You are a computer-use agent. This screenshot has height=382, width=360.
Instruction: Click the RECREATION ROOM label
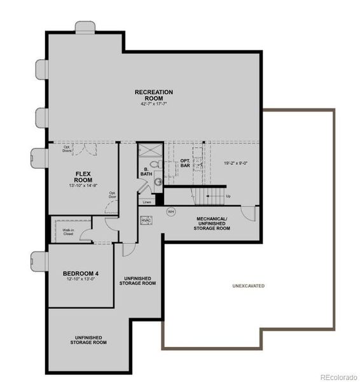(x=153, y=95)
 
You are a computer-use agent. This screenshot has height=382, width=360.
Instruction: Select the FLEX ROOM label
(x=85, y=176)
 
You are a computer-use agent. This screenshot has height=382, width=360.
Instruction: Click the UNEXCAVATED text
(x=248, y=286)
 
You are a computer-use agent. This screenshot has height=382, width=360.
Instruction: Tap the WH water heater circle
(x=170, y=211)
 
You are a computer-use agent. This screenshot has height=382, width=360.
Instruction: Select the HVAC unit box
(x=146, y=221)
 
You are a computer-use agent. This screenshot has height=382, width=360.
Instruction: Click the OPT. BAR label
(x=185, y=163)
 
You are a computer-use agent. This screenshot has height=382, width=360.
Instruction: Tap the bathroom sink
(x=158, y=181)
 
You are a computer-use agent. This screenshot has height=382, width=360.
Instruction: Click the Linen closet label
(x=147, y=202)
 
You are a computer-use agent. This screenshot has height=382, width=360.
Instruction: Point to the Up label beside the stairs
(x=228, y=196)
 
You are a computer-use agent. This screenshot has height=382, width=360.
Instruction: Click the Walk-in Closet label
(x=68, y=232)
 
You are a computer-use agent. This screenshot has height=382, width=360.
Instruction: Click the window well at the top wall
(x=85, y=27)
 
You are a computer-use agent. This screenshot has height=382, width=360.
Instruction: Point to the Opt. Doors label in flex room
(x=67, y=149)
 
